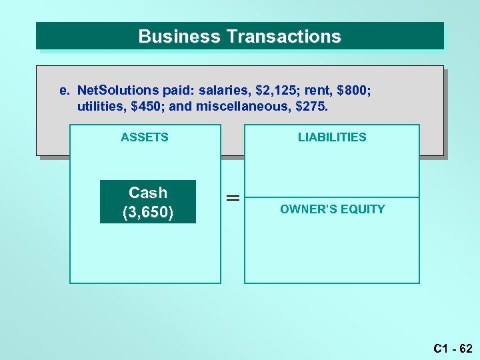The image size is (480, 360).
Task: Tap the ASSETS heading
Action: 145,137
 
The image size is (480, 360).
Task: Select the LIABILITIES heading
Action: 332,137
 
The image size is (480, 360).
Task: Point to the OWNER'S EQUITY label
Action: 332,209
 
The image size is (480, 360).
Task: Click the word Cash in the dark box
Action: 148,193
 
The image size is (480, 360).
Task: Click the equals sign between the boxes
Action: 233,198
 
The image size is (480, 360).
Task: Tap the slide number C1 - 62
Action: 453,348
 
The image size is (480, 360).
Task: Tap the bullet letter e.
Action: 63,90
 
